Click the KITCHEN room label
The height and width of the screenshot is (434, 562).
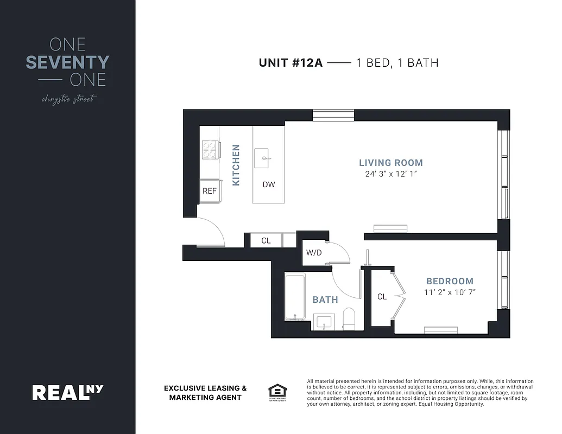(236, 165)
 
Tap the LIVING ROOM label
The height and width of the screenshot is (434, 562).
(390, 163)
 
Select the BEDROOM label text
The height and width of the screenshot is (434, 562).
(450, 281)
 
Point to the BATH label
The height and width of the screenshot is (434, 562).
(325, 299)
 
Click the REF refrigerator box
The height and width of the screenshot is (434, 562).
(209, 191)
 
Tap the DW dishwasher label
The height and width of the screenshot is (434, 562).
(269, 184)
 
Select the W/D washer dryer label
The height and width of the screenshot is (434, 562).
(314, 252)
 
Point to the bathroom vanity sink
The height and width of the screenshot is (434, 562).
(325, 321)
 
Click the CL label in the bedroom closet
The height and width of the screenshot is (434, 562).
(382, 296)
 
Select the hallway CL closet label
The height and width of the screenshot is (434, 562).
(266, 240)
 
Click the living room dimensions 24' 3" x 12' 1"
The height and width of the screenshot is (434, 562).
(390, 174)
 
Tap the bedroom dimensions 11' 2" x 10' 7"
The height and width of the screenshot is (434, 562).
(450, 292)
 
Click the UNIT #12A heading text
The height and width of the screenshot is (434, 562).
(291, 62)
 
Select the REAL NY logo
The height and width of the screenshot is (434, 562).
(68, 392)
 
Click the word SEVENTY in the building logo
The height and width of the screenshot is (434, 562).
(68, 62)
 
